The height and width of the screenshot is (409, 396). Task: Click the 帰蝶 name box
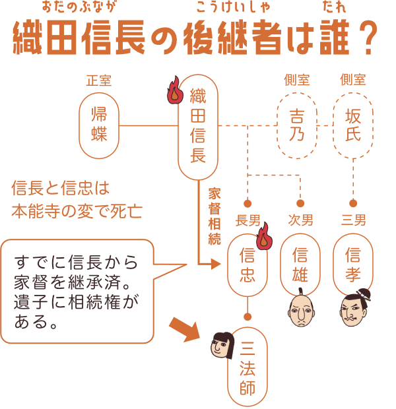click(99, 125)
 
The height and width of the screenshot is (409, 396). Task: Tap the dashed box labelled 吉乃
click(297, 125)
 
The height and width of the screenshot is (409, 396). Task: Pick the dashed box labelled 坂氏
click(353, 125)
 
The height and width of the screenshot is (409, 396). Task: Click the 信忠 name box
click(247, 264)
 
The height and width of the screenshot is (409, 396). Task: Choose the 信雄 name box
click(300, 264)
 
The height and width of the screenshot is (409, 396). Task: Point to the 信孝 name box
click(353, 264)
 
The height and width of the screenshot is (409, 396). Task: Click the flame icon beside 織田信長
click(175, 90)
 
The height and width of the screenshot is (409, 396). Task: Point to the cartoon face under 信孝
click(354, 309)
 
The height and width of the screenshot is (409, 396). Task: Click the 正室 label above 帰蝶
click(99, 80)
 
